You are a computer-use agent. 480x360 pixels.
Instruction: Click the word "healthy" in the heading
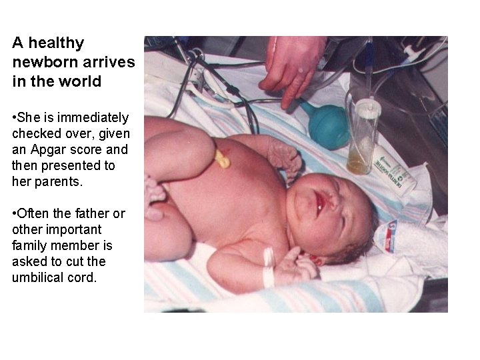pyautogui.click(x=57, y=43)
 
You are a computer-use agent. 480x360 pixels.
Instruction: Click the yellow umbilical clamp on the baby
pyautogui.click(x=221, y=158)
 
